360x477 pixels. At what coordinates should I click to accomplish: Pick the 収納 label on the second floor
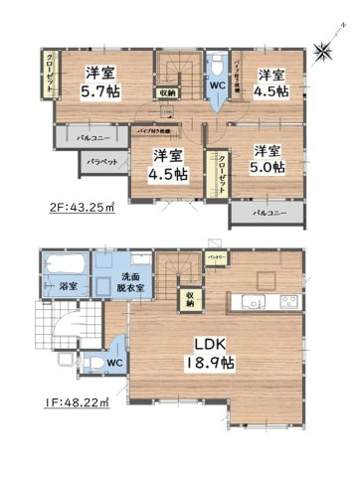166,93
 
